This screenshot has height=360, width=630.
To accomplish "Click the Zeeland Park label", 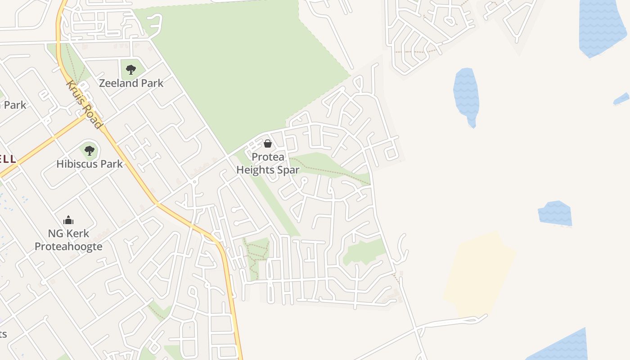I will tap(131, 83).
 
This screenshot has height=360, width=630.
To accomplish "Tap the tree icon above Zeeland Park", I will tap(131, 70).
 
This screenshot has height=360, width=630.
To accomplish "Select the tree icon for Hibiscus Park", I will tap(90, 150).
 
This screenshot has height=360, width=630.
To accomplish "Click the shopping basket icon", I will tap(268, 144).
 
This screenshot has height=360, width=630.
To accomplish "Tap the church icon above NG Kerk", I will tap(68, 220).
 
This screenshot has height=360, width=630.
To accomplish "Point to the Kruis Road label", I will tap(85, 104).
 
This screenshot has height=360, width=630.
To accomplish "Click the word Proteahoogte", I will tap(68, 247).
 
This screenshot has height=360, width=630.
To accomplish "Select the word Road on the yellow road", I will tap(93, 117).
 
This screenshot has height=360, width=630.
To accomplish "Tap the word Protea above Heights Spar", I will tap(268, 157).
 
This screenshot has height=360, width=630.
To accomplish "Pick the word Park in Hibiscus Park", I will tap(112, 164).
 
